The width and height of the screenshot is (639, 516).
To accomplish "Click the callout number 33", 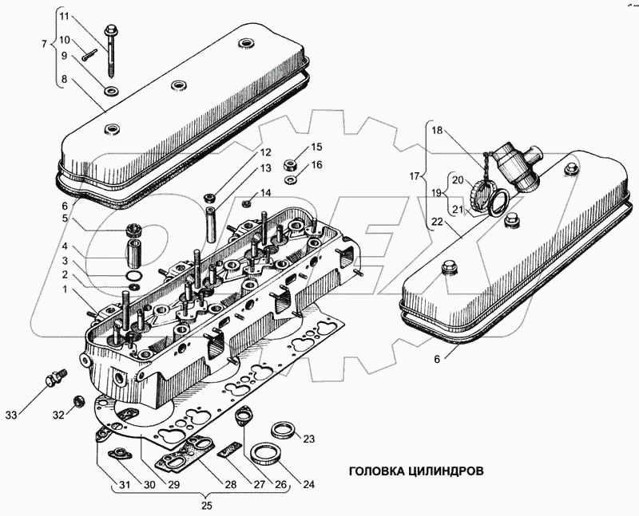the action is [11, 415].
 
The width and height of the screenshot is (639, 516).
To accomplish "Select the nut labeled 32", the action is [79, 401].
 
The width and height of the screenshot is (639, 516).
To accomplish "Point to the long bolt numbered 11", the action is [110, 51].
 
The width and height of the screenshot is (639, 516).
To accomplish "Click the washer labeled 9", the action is [111, 91].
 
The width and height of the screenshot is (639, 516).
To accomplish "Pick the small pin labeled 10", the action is [89, 54].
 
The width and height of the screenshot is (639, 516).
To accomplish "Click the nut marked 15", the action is [289, 165].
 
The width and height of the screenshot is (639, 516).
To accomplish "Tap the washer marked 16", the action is [289, 179].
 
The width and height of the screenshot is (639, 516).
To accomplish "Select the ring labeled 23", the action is [281, 430].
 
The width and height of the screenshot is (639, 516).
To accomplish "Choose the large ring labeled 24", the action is [265, 454].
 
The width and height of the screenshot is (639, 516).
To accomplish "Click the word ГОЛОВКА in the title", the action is [375, 471].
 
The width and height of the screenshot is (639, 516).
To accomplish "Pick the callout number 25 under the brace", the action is [206, 506].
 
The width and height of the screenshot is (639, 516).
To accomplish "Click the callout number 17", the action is [415, 176].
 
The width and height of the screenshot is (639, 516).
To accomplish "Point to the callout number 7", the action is [45, 44].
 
